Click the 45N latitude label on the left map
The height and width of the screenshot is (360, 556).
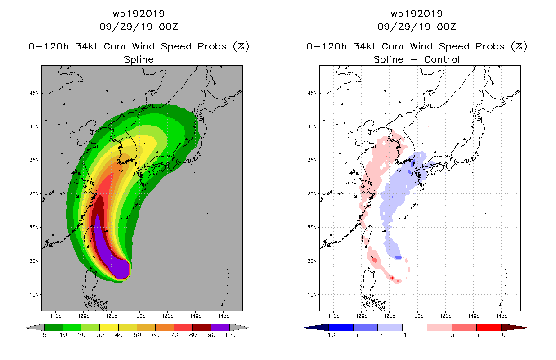click(34, 93)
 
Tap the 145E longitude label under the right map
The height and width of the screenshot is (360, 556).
click(502, 316)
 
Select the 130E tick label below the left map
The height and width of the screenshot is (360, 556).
click(139, 316)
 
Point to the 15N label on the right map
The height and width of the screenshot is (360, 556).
click(312, 295)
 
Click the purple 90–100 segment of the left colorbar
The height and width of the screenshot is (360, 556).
click(220, 327)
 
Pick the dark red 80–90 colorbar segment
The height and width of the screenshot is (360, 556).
click(202, 327)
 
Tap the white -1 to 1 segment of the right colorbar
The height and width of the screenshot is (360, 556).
click(414, 327)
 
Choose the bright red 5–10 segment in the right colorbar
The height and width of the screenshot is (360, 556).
click(489, 327)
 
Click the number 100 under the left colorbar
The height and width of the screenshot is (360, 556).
click(230, 335)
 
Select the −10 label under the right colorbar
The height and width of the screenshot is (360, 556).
click(329, 335)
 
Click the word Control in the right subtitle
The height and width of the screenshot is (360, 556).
click(442, 59)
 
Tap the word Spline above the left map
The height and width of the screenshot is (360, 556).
click(139, 60)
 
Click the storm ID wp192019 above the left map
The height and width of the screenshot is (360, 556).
click(139, 13)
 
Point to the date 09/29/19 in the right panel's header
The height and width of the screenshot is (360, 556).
click(401, 27)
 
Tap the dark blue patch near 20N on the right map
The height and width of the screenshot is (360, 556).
click(398, 257)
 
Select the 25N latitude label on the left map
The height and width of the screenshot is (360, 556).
click(34, 227)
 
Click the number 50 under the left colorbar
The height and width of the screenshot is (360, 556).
click(137, 335)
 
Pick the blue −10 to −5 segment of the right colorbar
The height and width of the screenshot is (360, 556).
click(341, 327)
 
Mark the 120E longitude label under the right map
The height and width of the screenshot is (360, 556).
click(361, 316)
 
